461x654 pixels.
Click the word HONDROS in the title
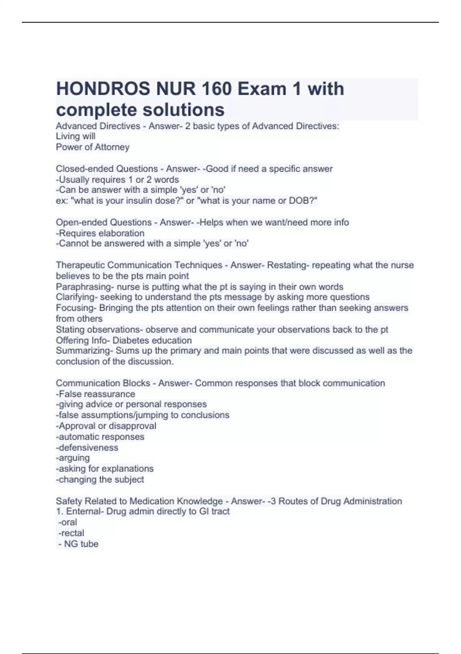point(103,89)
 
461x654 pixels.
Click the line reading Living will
point(76,136)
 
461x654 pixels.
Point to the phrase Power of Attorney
point(93,147)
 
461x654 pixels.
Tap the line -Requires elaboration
point(100,233)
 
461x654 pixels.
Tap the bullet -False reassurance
point(96,394)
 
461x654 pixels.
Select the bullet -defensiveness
point(87,447)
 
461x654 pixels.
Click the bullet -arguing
point(73,458)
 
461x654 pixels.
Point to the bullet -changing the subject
point(100,479)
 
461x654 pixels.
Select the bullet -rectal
point(71,533)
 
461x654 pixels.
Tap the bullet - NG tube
point(78,544)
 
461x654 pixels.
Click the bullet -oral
point(68,522)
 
